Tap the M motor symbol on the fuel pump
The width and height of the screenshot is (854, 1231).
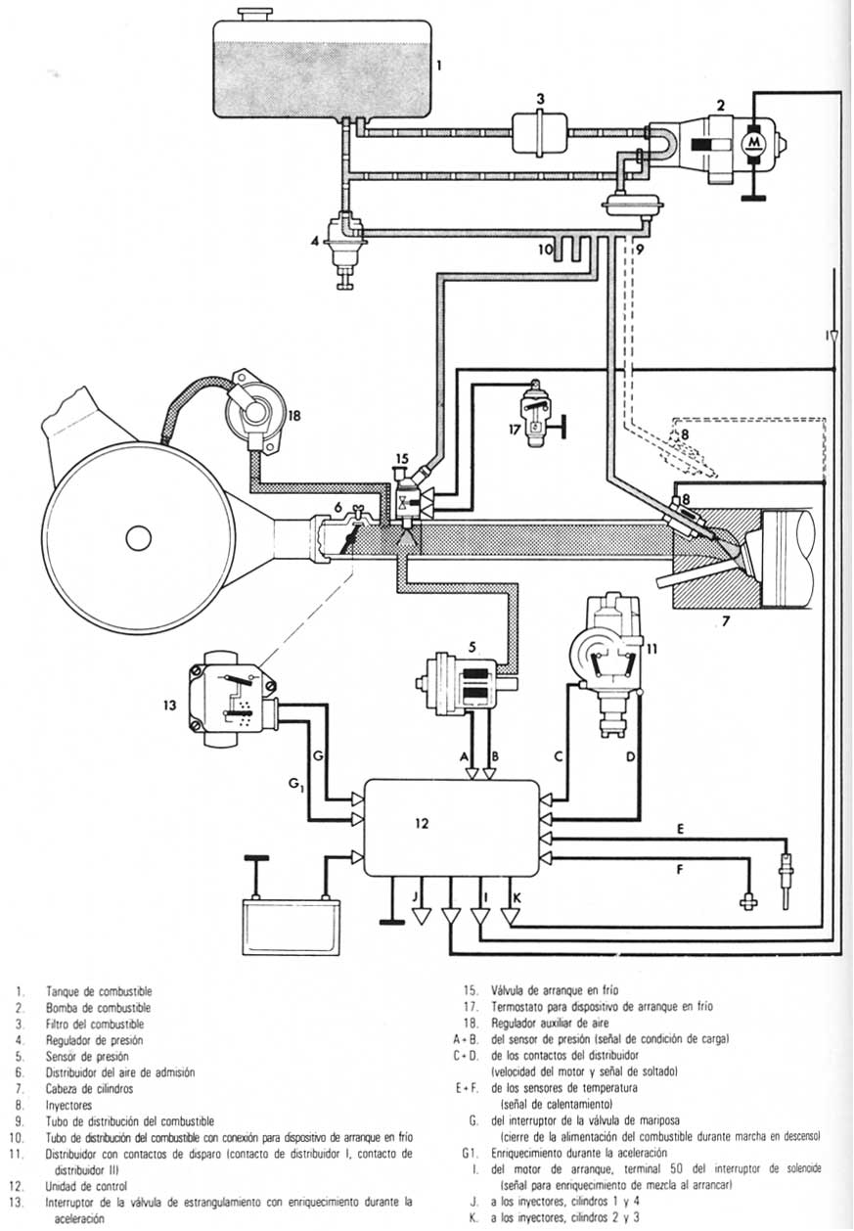(x=752, y=143)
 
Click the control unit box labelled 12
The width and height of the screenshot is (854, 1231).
(x=451, y=827)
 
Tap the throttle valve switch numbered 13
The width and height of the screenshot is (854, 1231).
(x=231, y=701)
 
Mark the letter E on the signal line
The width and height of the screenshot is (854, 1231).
(x=679, y=828)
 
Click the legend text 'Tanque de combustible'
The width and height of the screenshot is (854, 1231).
(x=99, y=992)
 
